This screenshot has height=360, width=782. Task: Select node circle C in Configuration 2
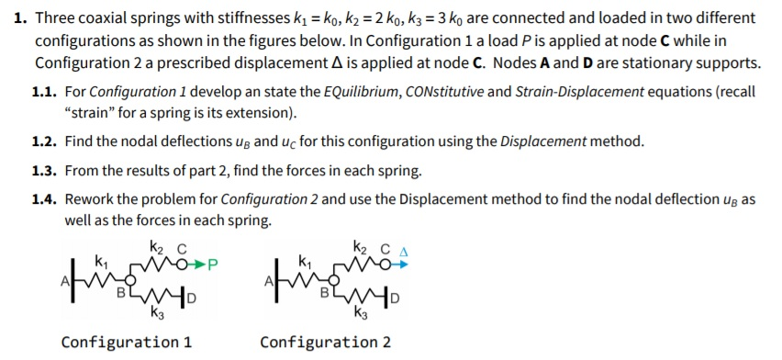385,264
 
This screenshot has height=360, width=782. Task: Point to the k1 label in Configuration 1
102,262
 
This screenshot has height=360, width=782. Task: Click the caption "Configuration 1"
127,343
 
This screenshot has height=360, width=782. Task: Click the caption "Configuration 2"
326,343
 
